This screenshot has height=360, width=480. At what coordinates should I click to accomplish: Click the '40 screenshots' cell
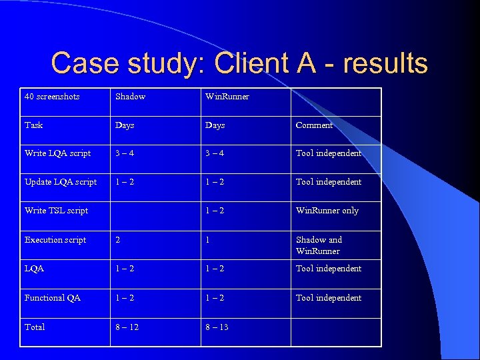52,97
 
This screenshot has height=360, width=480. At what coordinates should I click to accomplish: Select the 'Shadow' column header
130,97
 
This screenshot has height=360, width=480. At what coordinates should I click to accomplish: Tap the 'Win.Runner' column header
227,97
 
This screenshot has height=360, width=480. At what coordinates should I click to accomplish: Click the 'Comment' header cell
314,125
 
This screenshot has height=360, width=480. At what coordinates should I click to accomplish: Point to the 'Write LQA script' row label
57,153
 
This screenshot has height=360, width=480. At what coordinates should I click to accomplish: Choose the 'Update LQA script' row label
61,182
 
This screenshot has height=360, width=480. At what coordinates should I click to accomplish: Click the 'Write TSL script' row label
56,211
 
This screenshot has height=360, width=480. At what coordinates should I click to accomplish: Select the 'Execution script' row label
55,240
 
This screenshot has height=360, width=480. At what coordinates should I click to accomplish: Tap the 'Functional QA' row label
53,298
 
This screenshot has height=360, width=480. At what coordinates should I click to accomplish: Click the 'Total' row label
35,327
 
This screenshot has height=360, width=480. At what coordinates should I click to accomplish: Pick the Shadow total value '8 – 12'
127,327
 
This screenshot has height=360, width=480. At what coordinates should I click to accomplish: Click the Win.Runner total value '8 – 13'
217,327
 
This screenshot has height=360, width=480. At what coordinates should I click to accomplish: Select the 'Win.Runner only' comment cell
327,211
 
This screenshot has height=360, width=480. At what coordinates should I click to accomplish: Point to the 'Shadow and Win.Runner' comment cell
319,245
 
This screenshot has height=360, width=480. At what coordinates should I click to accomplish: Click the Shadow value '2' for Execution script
118,240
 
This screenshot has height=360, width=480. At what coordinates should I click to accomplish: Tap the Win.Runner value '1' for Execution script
208,240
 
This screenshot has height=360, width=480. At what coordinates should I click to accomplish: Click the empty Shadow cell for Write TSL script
155,211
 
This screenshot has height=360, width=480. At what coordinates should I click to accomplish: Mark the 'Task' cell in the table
33,125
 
